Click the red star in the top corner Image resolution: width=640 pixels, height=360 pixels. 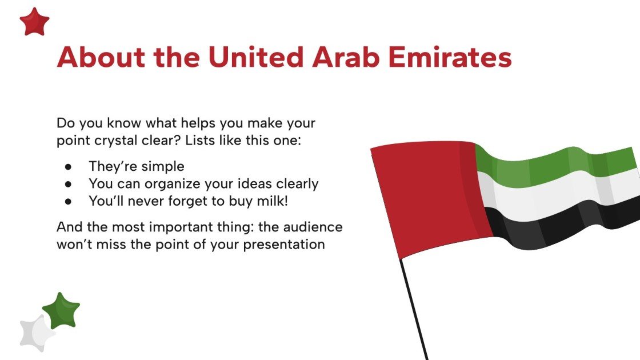(x=34, y=22)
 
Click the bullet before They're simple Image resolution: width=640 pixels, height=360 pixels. (x=68, y=167)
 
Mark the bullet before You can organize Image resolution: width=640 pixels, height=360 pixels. (x=68, y=184)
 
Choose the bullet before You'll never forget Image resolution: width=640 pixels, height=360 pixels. (x=68, y=201)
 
